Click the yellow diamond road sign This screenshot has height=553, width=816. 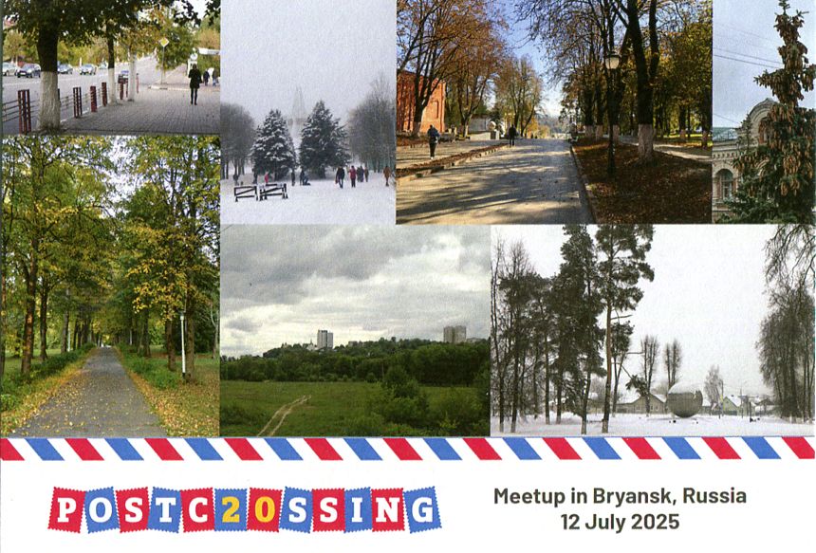[164, 43]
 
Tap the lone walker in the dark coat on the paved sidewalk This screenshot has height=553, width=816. [195, 84]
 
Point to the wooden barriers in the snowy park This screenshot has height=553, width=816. [261, 192]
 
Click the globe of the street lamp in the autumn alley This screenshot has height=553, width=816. [612, 61]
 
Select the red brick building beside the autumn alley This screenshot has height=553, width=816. [421, 101]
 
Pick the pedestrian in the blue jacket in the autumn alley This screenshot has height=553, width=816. [433, 141]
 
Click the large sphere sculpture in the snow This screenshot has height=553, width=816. [684, 399]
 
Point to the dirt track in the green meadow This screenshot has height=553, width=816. [284, 415]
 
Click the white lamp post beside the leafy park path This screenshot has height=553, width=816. [183, 343]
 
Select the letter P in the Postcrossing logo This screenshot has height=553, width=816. [66, 509]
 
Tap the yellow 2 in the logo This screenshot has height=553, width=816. [232, 510]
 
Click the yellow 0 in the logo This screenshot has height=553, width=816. [265, 510]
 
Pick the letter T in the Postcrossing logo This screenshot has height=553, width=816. [165, 509]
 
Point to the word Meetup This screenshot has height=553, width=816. [529, 497]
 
